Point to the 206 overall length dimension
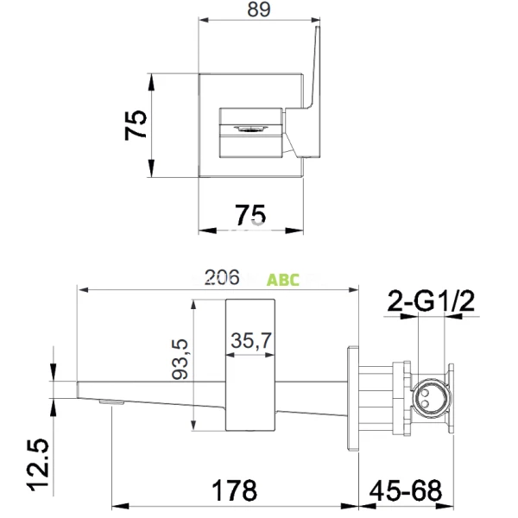pyautogui.click(x=221, y=278)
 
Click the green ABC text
pyautogui.click(x=283, y=281)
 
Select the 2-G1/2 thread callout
pyautogui.click(x=432, y=302)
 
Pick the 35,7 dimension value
pyautogui.click(x=250, y=342)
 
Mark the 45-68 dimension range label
pyautogui.click(x=407, y=491)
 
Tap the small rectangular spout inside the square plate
pyautogui.click(x=251, y=130)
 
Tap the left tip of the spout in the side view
pyautogui.click(x=80, y=389)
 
